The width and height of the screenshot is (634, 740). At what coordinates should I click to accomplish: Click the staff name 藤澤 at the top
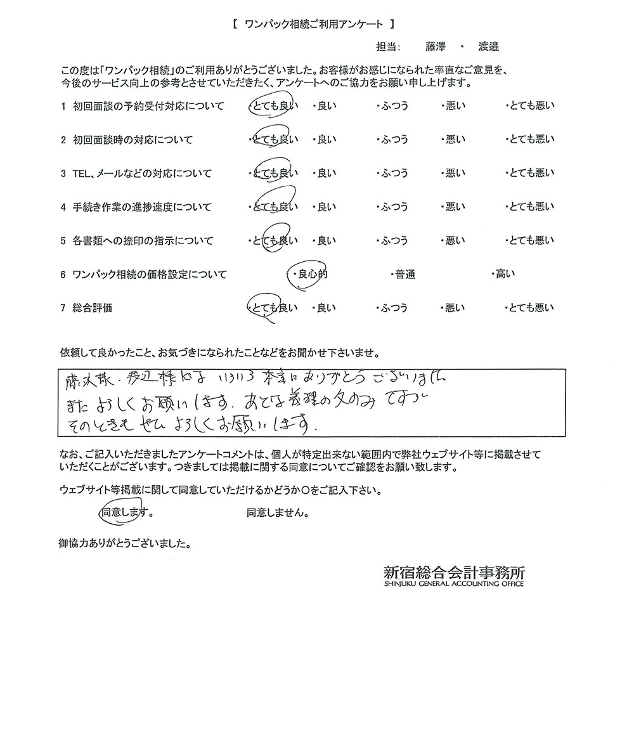tap(436, 46)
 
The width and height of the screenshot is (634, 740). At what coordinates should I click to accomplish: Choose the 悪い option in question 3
tap(454, 173)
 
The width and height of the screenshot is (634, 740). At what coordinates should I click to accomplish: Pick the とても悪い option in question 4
tap(531, 207)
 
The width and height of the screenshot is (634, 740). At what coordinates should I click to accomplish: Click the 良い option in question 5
tap(326, 240)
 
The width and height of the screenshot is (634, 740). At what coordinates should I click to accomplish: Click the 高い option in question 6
tap(505, 275)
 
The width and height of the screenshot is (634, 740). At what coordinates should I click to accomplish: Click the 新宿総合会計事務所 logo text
tap(454, 571)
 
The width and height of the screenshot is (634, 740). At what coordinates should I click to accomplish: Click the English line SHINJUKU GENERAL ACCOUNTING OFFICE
tap(454, 584)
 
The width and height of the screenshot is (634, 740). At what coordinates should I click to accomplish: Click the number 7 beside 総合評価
tap(63, 308)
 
